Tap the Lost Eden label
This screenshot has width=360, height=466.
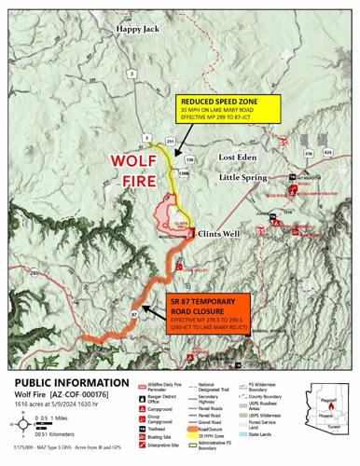pos(238,158)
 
